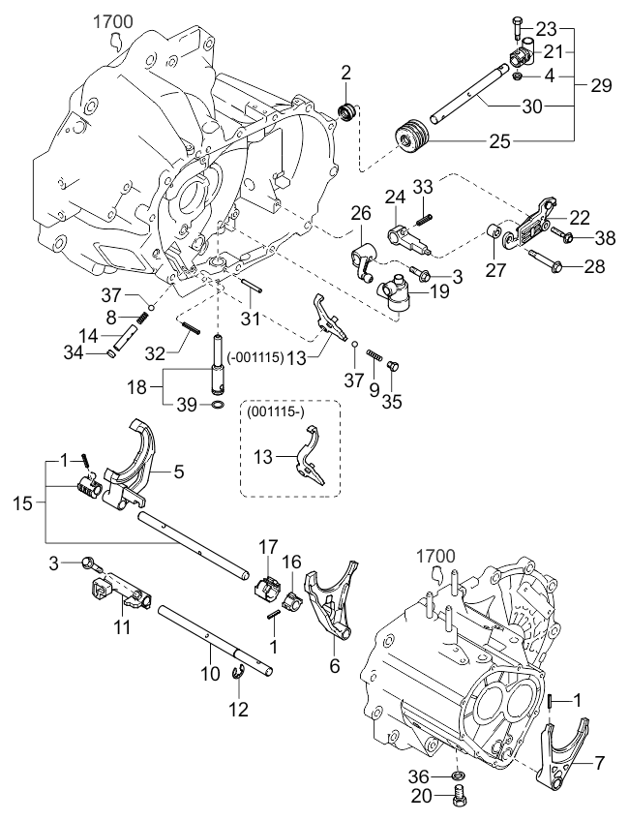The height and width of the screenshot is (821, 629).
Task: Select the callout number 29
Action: [x=601, y=85]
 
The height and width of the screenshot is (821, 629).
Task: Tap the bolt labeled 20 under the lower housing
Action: [x=459, y=801]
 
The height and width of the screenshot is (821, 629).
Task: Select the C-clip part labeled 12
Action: [x=240, y=681]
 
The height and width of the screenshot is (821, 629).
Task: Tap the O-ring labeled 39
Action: [x=221, y=405]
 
